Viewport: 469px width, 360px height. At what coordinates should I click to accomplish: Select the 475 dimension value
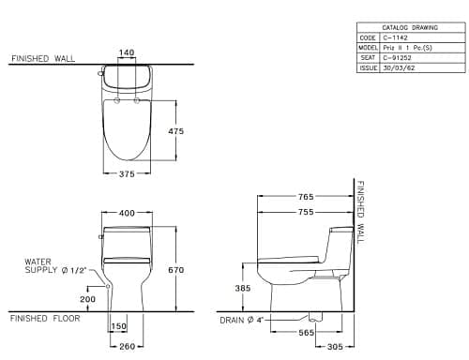174,131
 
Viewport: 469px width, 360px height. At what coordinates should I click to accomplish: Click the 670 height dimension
189,270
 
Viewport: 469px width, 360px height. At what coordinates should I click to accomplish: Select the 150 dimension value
119,326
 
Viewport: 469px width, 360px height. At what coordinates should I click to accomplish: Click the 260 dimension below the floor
127,346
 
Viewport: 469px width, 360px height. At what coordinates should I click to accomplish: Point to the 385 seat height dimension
243,289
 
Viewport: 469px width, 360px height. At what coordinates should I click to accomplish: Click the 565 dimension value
306,331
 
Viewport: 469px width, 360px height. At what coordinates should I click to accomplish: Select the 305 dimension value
335,346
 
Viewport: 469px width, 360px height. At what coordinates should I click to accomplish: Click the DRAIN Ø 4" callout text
238,321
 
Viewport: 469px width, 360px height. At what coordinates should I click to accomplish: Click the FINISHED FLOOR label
44,319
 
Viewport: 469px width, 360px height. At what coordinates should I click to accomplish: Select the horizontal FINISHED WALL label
41,58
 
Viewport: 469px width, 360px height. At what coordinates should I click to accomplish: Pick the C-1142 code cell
392,37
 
